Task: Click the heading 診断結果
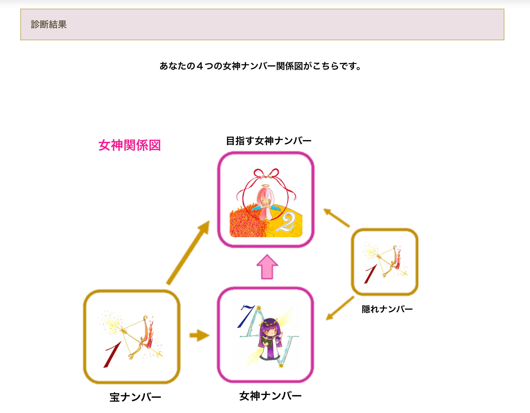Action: tap(49, 24)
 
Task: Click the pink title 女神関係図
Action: tap(129, 145)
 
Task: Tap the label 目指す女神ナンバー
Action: tap(268, 141)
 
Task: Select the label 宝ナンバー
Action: tap(135, 397)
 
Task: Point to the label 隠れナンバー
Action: tap(387, 309)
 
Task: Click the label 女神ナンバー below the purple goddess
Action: tap(270, 396)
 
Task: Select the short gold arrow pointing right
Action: tap(199, 335)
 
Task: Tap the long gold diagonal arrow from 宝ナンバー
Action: tap(188, 253)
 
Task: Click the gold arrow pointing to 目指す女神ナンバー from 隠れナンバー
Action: tap(336, 218)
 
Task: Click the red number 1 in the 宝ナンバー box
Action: tap(112, 354)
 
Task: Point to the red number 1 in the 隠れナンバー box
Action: tap(371, 274)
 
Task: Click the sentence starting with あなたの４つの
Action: tap(260, 66)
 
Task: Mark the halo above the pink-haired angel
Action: tap(266, 186)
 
